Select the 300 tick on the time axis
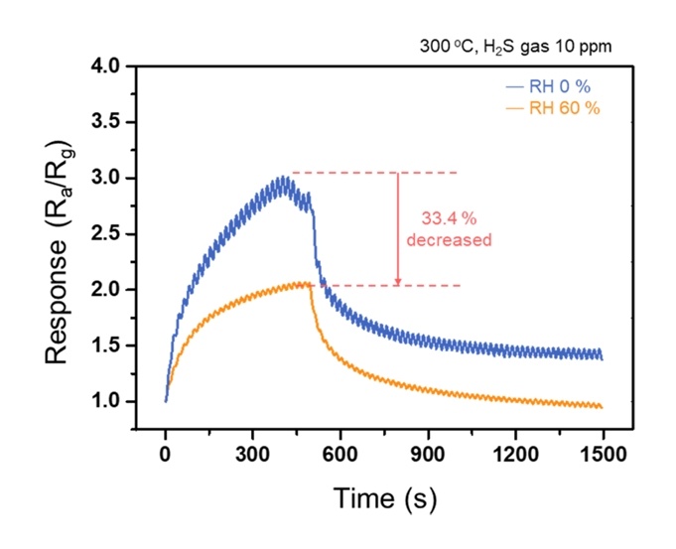[253, 457]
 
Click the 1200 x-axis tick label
[515, 457]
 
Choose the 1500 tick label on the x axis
[603, 457]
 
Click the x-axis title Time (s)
[383, 495]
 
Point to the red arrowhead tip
[398, 285]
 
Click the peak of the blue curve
[286, 178]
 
